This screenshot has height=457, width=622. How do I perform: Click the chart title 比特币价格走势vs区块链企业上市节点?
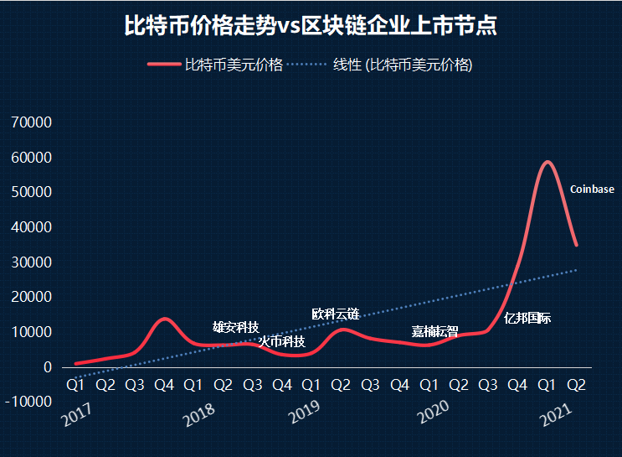tap(311, 26)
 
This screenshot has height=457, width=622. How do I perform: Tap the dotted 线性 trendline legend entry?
tap(402, 65)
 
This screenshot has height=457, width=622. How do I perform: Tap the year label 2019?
tap(306, 415)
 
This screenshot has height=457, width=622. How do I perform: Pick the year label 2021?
tap(558, 415)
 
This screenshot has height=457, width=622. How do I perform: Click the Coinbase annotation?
tap(592, 190)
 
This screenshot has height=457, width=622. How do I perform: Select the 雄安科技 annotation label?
tap(236, 327)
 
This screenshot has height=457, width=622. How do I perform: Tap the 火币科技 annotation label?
tap(281, 341)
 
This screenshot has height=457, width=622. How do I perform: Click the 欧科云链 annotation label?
tap(335, 314)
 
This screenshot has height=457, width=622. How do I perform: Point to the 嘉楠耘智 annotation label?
tap(434, 331)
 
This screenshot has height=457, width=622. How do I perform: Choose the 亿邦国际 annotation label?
tap(527, 318)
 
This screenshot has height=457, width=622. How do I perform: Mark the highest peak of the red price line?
tap(547, 162)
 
